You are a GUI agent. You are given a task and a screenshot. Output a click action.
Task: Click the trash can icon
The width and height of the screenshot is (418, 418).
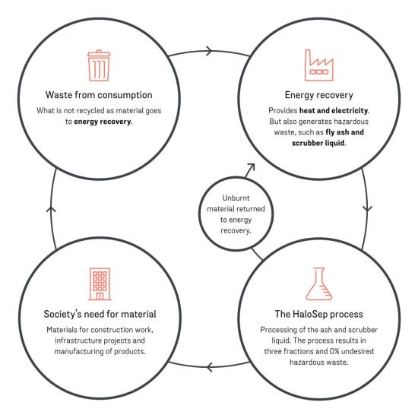click(99, 65)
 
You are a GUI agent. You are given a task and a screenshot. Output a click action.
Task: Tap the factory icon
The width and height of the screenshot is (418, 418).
click(319, 65)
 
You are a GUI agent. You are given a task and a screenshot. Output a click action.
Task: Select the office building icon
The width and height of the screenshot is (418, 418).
click(100, 284)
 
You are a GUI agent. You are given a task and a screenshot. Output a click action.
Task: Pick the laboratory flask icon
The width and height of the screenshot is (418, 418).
click(319, 284)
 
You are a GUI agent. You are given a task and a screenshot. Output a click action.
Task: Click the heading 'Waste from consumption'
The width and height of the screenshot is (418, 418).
click(99, 95)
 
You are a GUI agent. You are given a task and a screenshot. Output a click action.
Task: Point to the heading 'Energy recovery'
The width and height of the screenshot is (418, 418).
click(319, 95)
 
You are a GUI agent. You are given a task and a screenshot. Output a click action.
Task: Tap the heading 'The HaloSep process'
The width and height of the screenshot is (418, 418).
click(319, 314)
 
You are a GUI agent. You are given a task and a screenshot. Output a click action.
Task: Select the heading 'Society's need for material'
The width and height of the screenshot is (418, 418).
click(100, 314)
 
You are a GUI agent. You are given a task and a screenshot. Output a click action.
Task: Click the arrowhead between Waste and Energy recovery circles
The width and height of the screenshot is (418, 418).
click(210, 51)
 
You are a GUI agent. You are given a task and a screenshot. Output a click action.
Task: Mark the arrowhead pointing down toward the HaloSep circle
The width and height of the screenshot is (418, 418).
click(368, 208)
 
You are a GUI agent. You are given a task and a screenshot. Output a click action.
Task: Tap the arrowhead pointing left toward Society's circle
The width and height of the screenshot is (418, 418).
click(209, 367)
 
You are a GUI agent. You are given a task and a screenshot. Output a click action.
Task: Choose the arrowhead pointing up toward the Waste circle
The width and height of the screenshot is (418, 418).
click(51, 210)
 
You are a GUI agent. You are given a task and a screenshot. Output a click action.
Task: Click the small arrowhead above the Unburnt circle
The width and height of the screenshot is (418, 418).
click(251, 167)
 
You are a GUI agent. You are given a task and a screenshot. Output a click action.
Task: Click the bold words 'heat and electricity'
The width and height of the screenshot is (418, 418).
click(334, 110)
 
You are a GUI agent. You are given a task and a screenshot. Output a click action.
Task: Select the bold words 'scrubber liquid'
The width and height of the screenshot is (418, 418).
click(318, 143)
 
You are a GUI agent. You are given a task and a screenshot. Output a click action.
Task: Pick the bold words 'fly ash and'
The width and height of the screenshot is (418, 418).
click(344, 132)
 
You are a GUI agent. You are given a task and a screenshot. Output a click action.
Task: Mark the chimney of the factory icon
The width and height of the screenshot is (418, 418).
click(308, 58)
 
